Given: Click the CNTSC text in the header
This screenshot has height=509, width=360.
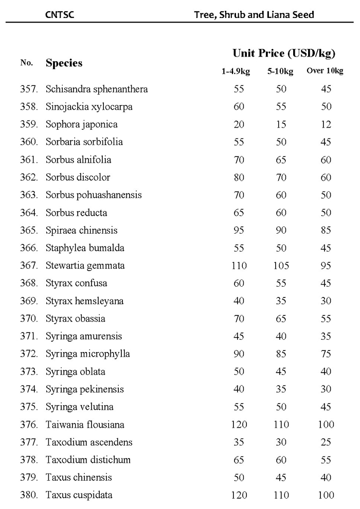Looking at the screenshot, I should click(60, 15).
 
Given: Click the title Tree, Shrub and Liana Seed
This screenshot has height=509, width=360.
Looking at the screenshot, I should click(254, 15).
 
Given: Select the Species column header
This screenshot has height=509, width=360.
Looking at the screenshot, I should click(64, 63).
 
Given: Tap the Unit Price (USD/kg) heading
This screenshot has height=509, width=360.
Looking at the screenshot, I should click(284, 53).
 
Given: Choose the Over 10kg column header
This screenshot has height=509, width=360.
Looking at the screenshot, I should click(325, 71).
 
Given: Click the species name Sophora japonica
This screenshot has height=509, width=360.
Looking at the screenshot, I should click(82, 125).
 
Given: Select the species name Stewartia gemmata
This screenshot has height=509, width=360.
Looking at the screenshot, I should click(85, 266).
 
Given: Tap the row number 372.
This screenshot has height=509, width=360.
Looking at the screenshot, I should click(29, 354).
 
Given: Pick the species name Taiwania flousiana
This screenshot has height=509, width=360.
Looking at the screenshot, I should click(85, 425).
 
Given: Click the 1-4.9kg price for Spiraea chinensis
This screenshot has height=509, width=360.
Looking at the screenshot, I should click(239, 231).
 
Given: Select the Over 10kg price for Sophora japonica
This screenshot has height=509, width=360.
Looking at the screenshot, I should click(326, 125).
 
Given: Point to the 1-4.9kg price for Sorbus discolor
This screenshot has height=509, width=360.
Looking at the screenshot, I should click(239, 178).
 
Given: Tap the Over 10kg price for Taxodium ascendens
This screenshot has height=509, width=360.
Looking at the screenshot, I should click(326, 442).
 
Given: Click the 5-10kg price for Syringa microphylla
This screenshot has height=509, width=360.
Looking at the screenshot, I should click(280, 354).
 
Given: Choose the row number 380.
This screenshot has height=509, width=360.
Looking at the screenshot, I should click(29, 495).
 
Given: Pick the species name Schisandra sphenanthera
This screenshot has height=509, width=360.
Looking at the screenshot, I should click(97, 89).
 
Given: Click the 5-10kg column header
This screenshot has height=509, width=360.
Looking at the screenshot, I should click(280, 72).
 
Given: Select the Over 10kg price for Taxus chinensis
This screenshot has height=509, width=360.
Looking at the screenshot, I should click(326, 477).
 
